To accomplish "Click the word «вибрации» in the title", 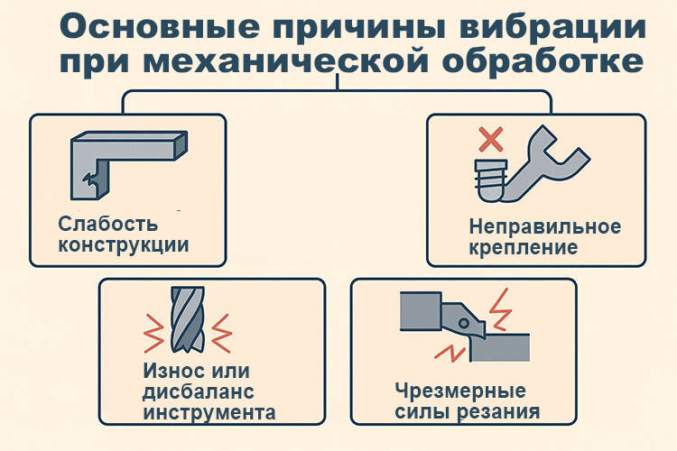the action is (552, 27).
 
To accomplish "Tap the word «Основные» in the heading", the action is (160, 27).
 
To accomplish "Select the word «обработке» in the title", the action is (543, 61).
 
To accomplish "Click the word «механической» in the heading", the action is (286, 61).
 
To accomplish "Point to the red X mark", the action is (491, 139).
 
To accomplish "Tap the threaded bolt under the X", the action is (491, 179).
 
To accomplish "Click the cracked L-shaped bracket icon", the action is (129, 165).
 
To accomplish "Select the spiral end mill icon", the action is (188, 320).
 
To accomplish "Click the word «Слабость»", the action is (108, 224).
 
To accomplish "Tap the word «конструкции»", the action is (124, 245).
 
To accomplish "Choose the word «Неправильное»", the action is (545, 226).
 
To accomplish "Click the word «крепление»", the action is (523, 248).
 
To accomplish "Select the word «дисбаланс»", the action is (199, 391).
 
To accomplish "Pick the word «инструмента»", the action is (209, 412).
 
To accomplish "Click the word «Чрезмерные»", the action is (460, 391).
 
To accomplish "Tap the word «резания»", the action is (498, 412).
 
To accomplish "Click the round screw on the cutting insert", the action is (464, 323).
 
